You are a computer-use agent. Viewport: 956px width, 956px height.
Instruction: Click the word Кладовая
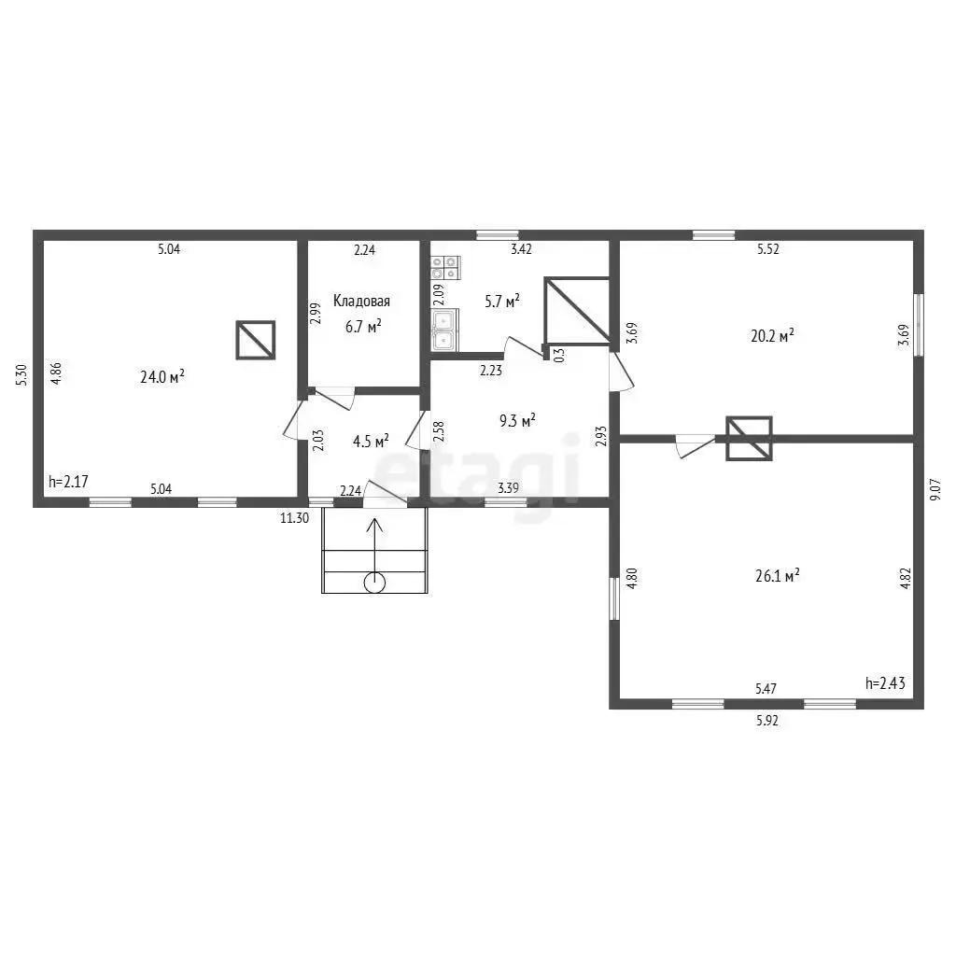coord(361,301)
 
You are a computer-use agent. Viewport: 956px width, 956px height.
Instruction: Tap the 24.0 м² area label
coord(162,376)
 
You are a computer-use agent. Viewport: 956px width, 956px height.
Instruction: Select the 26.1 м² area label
coord(778,575)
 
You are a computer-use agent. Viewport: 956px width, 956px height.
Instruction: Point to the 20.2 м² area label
coord(772,335)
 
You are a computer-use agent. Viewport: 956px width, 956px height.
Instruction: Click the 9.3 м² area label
coord(517,420)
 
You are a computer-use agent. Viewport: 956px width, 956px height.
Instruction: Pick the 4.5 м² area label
coord(371,441)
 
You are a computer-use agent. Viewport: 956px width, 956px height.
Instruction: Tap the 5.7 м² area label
coord(502,301)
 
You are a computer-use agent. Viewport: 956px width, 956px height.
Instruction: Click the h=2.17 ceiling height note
coord(68,482)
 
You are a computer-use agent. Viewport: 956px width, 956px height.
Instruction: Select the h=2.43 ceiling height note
coord(885,682)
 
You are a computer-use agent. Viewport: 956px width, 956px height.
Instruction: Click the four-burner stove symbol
coord(445,267)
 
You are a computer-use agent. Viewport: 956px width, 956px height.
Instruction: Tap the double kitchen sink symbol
coord(444,330)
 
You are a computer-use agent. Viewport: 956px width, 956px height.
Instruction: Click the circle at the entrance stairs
coord(374,583)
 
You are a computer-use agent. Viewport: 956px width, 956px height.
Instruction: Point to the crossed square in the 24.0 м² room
coord(256,340)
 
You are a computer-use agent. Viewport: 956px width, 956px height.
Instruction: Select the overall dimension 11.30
coord(294,518)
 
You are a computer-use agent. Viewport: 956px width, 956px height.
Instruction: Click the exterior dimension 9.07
coord(935,489)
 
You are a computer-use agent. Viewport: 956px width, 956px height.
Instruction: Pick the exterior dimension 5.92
coord(767,720)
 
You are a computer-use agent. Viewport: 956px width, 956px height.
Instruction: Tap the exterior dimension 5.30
coord(21,374)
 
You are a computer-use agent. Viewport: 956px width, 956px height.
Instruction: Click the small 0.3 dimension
coord(560,356)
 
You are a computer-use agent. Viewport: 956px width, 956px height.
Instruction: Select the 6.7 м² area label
coord(363,326)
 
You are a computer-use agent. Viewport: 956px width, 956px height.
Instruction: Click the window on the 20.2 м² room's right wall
coord(919,325)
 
